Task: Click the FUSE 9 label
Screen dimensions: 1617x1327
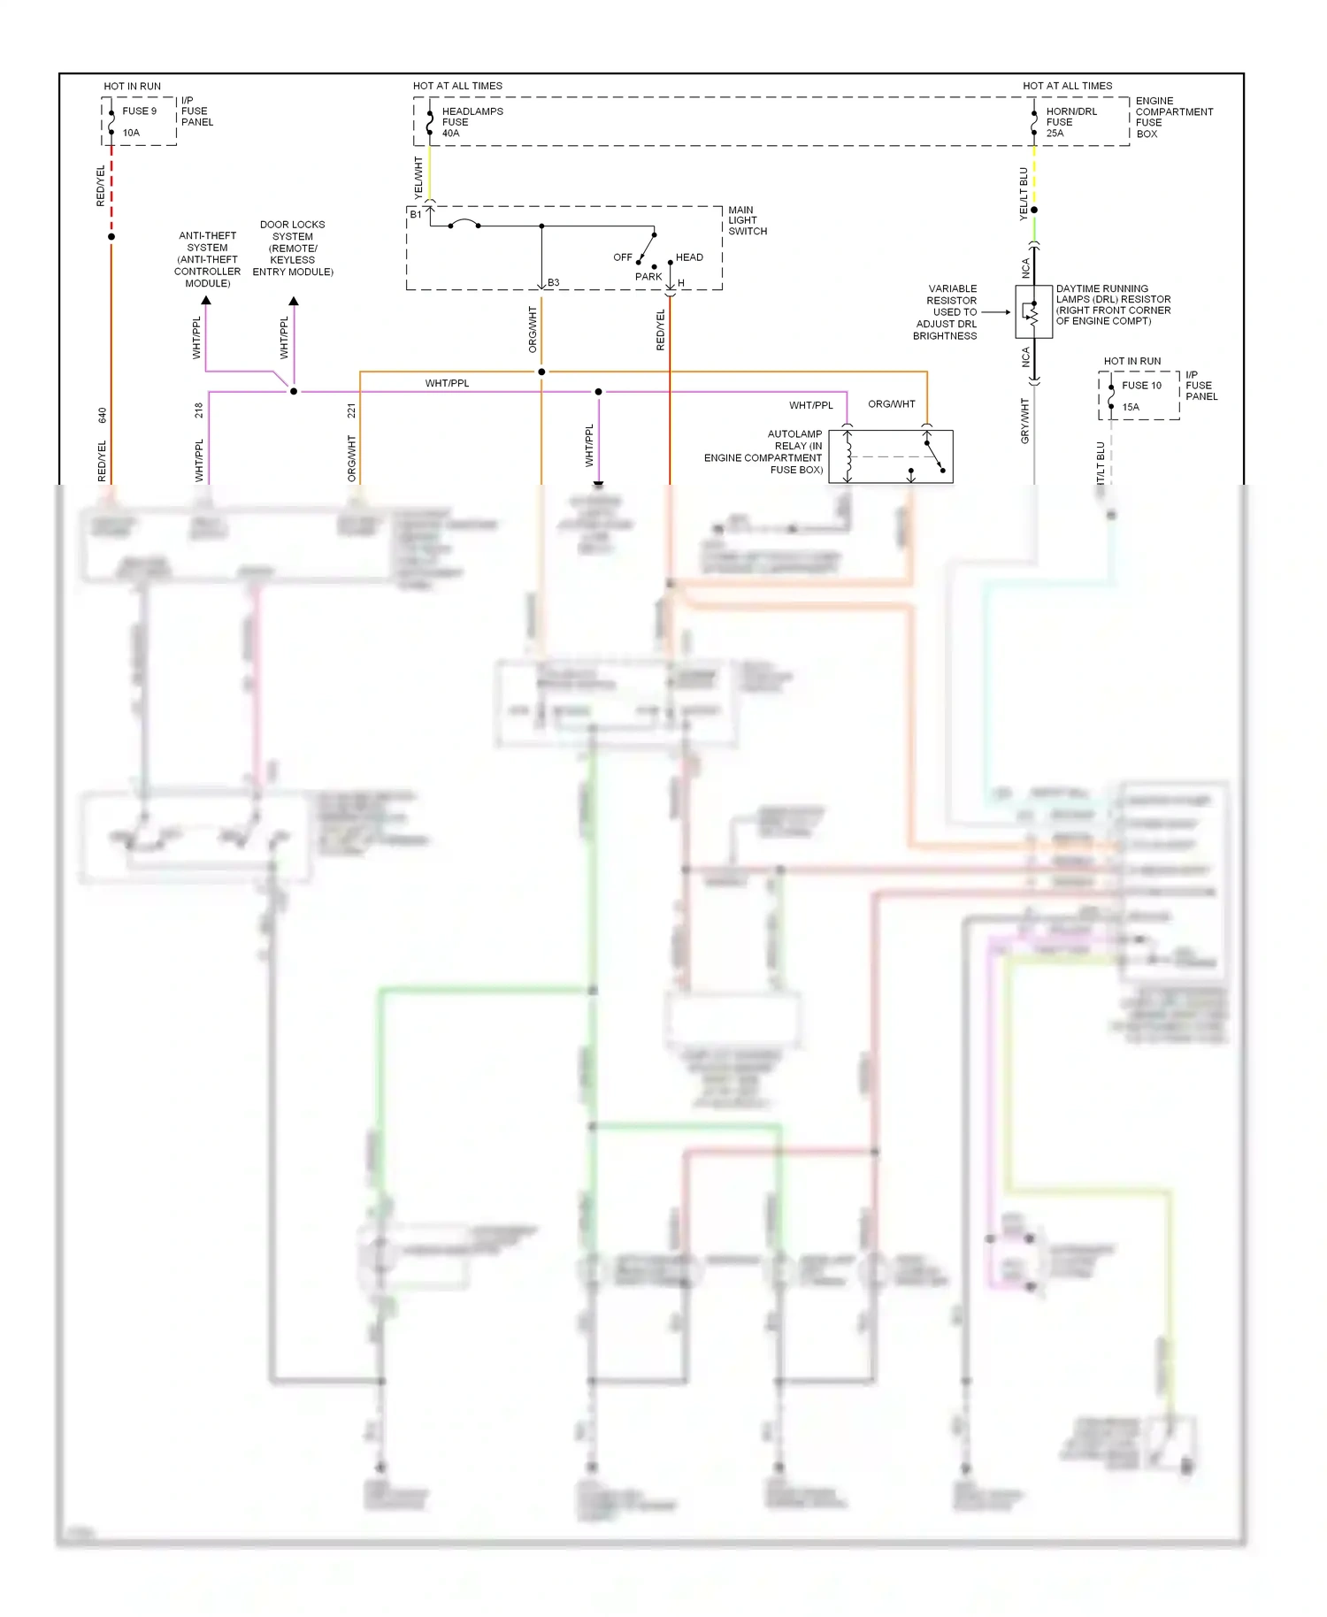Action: (139, 111)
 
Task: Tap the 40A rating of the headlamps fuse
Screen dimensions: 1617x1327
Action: (450, 134)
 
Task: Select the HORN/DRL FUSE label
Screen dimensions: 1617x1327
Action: (1070, 117)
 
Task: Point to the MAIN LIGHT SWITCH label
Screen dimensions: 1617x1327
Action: (747, 220)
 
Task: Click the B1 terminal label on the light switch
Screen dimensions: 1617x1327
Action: (416, 214)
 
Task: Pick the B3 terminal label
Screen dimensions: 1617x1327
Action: (553, 283)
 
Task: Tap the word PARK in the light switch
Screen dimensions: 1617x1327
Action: (648, 277)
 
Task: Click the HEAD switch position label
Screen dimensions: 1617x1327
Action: (689, 257)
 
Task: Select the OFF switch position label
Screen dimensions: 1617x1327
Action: (623, 257)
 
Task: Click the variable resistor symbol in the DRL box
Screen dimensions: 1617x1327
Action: (1032, 311)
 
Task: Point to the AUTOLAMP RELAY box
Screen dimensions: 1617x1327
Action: (891, 456)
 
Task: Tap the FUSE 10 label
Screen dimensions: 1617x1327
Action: (1141, 386)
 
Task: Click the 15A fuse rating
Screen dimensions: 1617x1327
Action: (1131, 408)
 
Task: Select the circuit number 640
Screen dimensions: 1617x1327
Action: (103, 414)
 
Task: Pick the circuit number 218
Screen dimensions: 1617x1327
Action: (199, 410)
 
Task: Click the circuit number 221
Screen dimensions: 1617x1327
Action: (351, 410)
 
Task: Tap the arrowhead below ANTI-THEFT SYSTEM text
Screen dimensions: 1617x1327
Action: (206, 301)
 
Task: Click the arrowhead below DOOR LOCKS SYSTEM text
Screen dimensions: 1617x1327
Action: (294, 302)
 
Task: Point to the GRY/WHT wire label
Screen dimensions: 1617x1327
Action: (1025, 421)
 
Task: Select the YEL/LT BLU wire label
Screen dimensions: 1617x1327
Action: (1024, 193)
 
